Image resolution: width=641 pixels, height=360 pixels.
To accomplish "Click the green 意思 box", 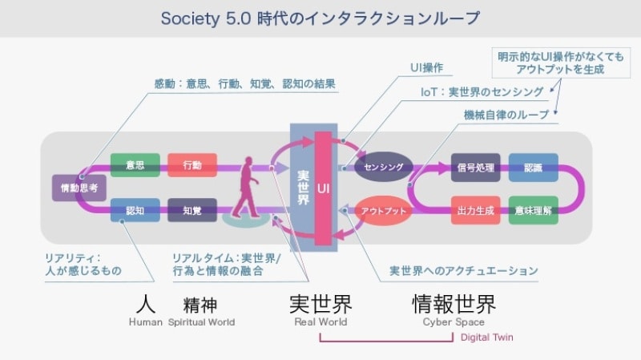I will [x=135, y=165].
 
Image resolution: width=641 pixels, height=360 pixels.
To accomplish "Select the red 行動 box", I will [x=192, y=165].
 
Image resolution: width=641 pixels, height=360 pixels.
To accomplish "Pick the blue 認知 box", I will [x=135, y=211].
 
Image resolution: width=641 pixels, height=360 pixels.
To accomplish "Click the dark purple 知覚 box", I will [x=192, y=211].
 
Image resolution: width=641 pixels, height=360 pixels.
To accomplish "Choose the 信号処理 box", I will [x=475, y=167].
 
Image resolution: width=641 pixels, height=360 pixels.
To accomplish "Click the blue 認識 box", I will [x=533, y=167].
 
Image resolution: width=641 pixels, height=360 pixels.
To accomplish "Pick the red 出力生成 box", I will [x=475, y=211].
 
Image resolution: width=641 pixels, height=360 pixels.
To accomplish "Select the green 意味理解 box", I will [x=533, y=211].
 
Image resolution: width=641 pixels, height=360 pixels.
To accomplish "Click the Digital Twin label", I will [x=486, y=338].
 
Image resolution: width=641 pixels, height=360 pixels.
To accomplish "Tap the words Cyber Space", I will [x=454, y=322].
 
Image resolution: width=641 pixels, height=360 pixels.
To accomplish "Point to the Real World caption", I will [x=320, y=322].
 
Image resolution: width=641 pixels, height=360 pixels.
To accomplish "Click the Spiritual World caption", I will [x=201, y=322].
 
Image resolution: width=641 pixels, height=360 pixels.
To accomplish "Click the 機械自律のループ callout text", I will [x=506, y=115].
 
